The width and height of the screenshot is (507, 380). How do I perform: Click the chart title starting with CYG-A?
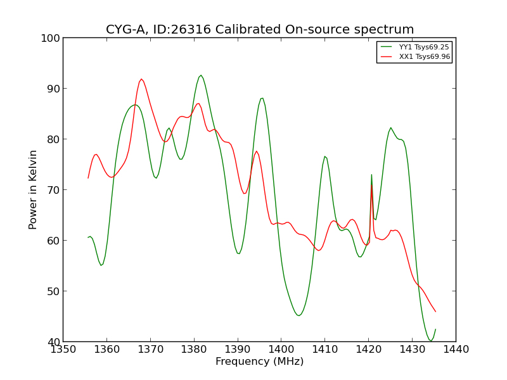(260, 30)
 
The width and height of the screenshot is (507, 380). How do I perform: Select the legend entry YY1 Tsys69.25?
(424, 47)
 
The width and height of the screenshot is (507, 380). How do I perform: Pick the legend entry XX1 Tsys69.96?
(424, 56)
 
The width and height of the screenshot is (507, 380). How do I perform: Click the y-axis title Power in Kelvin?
(34, 189)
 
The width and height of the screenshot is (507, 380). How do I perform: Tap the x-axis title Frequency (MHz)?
(259, 362)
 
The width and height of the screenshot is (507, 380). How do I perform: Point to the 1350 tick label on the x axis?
(63, 349)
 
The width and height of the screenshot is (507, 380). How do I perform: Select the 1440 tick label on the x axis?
(456, 349)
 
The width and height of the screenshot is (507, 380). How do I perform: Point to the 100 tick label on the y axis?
(50, 38)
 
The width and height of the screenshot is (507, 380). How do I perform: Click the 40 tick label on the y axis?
(53, 342)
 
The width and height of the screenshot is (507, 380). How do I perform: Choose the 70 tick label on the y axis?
(53, 190)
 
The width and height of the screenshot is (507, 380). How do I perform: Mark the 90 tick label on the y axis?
(53, 89)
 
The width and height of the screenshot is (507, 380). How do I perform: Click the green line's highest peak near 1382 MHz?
(201, 75)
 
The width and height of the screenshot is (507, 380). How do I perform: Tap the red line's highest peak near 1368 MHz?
(141, 79)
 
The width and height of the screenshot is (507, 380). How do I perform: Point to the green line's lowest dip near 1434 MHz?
(430, 341)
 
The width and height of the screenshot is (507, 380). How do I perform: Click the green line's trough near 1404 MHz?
(298, 315)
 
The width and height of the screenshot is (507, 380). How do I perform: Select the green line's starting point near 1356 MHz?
(88, 237)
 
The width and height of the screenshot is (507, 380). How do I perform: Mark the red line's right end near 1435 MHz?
(435, 312)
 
